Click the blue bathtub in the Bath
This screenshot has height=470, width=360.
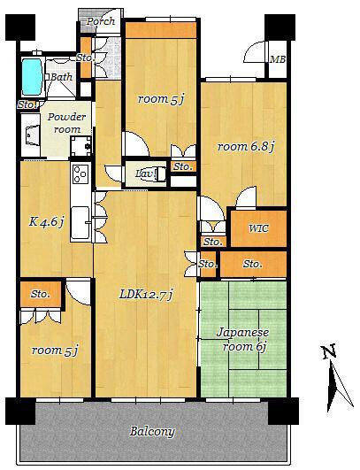click(32, 76)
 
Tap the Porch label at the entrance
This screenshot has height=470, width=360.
click(101, 21)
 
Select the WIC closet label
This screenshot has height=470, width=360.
click(258, 228)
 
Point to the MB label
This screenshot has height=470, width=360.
click(278, 59)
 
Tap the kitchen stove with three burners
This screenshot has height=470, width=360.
click(80, 173)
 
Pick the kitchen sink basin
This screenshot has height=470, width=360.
click(80, 222)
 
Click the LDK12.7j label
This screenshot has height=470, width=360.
click(146, 295)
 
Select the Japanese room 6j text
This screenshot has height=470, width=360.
click(243, 340)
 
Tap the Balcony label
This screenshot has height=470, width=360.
click(152, 432)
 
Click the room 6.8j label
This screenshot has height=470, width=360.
click(246, 147)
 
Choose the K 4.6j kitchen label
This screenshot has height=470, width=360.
click(46, 222)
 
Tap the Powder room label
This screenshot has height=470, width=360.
click(67, 123)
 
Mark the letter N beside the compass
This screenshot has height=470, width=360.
click(329, 352)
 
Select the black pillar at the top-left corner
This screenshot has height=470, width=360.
click(20, 27)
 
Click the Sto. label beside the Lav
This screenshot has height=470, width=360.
click(183, 166)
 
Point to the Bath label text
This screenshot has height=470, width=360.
click(61, 77)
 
